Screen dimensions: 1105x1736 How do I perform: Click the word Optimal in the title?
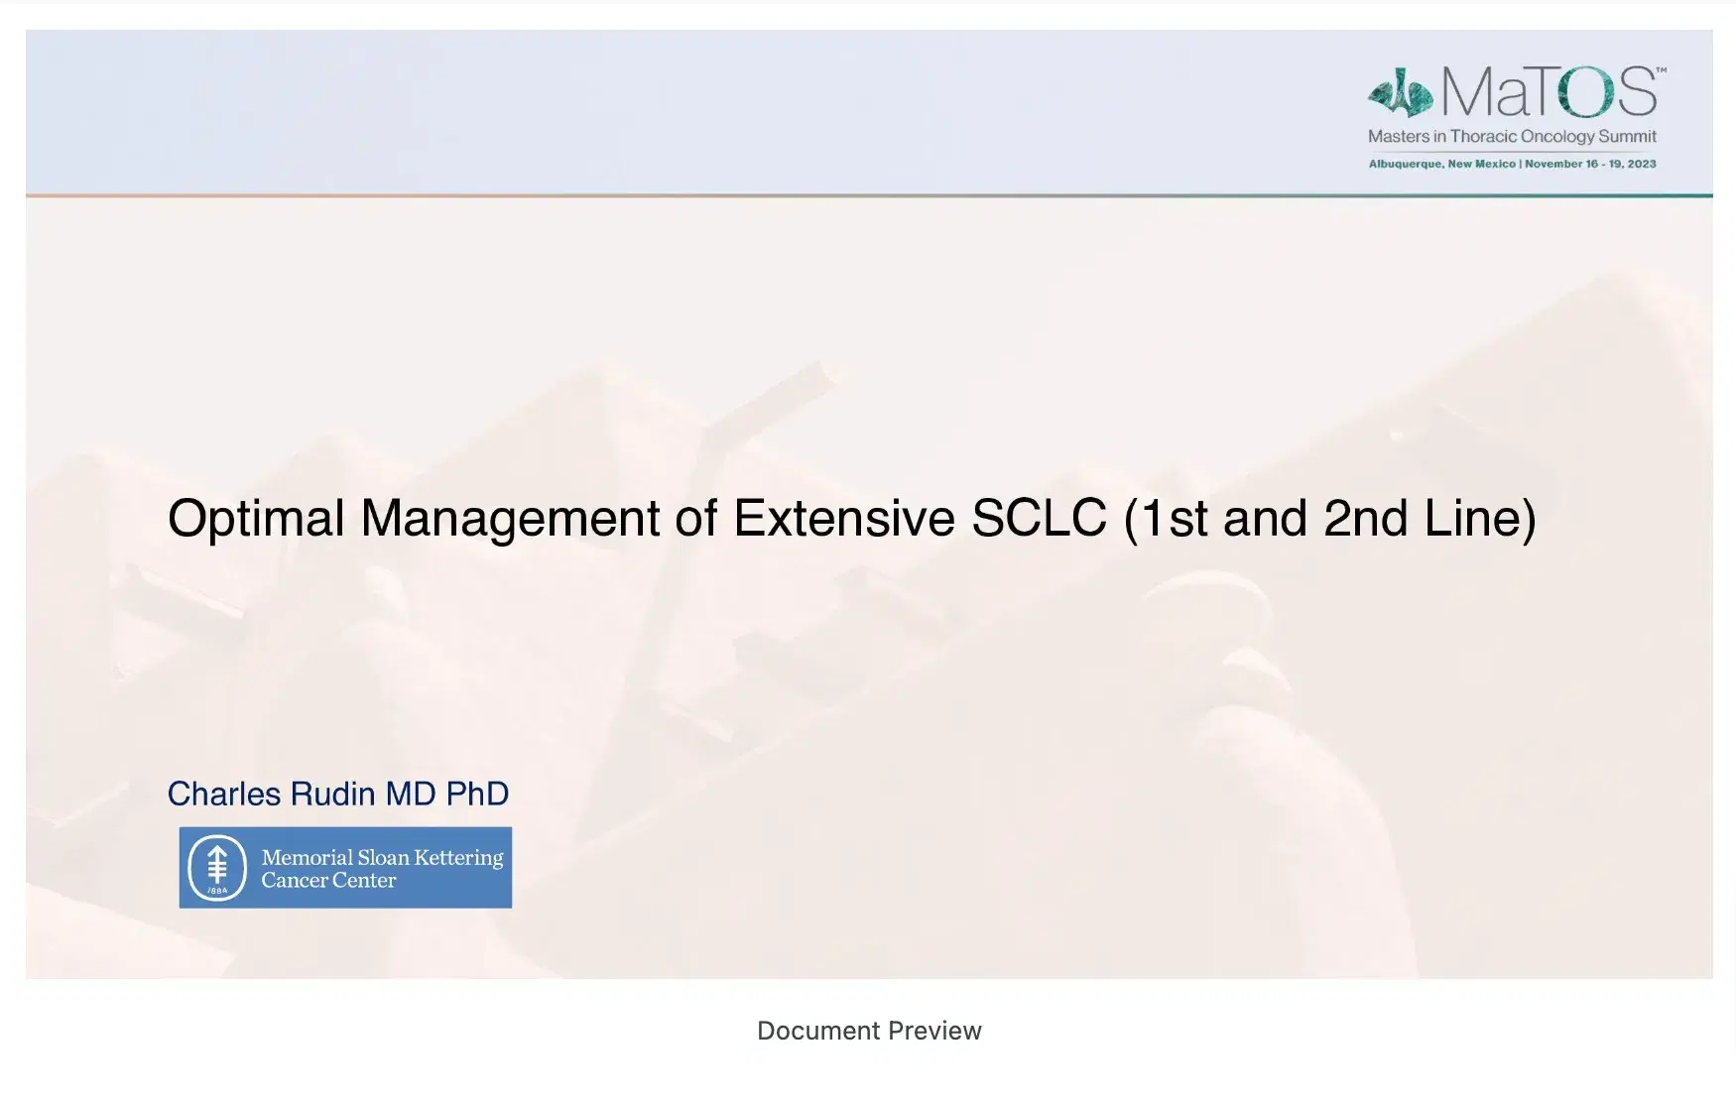(256, 519)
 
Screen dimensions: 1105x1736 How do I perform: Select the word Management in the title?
(510, 519)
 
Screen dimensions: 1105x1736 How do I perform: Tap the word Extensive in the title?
(843, 519)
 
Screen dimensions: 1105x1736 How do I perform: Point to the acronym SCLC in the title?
(1039, 519)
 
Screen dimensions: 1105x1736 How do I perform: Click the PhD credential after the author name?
(477, 794)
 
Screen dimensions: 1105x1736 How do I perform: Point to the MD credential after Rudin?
(411, 794)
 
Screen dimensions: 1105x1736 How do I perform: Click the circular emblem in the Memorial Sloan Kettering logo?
(217, 868)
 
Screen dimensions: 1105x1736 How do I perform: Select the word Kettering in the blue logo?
(458, 858)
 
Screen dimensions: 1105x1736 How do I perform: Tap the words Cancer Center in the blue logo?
(328, 881)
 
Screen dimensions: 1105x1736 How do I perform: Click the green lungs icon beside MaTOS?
(1400, 93)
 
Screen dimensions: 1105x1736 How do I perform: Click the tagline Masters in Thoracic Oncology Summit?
(1512, 137)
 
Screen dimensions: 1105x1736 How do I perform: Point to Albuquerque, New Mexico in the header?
(1441, 164)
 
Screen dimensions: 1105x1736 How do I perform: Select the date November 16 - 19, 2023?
(1590, 164)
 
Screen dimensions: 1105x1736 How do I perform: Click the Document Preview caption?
(869, 1031)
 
